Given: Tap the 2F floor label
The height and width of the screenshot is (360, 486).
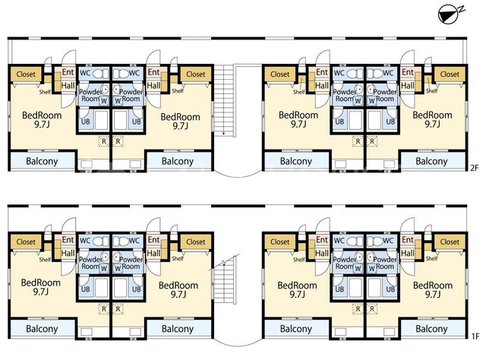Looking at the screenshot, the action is pyautogui.click(x=475, y=168).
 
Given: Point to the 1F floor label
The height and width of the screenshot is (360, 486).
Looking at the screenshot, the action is pyautogui.click(x=475, y=336).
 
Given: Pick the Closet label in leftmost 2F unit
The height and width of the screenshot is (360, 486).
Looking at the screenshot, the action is pyautogui.click(x=26, y=74).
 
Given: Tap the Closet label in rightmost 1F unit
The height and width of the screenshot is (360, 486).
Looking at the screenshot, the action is pyautogui.click(x=450, y=242).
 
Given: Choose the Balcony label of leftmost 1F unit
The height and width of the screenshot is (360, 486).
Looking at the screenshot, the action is pyautogui.click(x=42, y=329).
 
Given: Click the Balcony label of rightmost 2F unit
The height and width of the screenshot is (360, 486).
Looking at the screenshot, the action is pyautogui.click(x=431, y=161).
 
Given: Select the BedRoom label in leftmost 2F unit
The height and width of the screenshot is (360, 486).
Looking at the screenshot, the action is pyautogui.click(x=42, y=115).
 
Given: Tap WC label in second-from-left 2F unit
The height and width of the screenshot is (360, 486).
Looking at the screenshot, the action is pyautogui.click(x=134, y=73).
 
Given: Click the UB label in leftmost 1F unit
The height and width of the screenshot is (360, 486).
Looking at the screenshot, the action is pyautogui.click(x=86, y=289).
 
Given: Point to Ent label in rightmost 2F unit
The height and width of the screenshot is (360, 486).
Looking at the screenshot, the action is pyautogui.click(x=408, y=72).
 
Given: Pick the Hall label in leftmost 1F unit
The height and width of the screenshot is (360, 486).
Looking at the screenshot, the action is pyautogui.click(x=68, y=254).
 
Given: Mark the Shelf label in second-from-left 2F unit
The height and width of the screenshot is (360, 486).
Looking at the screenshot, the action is pyautogui.click(x=178, y=91).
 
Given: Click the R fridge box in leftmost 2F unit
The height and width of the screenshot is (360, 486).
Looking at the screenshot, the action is pyautogui.click(x=104, y=141).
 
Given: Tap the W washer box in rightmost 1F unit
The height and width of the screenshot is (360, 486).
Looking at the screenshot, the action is pyautogui.click(x=372, y=268).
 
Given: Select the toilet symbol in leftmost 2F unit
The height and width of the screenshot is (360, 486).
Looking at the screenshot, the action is pyautogui.click(x=99, y=74).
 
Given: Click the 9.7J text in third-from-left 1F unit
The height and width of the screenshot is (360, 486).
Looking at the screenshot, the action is pyautogui.click(x=298, y=294).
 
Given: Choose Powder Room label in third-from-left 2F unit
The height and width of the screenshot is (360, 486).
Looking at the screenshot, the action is pyautogui.click(x=345, y=95).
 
